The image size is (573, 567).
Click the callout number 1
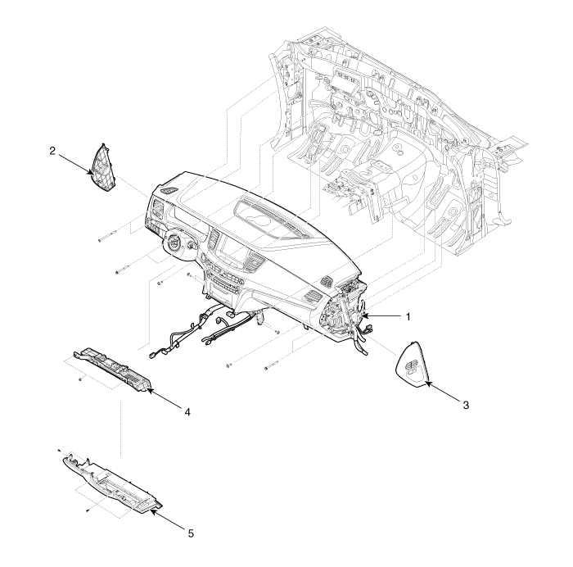(x=408, y=317)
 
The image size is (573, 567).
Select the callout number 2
(x=52, y=151)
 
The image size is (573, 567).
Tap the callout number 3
(x=465, y=406)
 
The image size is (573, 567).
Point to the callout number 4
(x=187, y=412)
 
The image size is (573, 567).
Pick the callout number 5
(x=191, y=533)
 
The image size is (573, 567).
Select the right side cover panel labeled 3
(x=413, y=363)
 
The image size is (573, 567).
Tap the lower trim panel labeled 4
(x=113, y=370)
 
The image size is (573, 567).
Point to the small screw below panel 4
(x=80, y=379)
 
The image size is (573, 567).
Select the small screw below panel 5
(x=88, y=509)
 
